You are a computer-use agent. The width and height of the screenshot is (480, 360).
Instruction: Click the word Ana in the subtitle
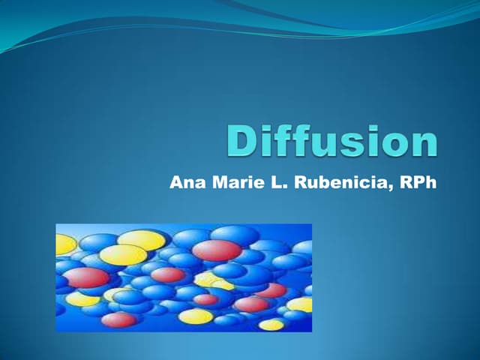(184, 181)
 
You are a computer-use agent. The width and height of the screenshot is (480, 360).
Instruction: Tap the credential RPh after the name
(417, 181)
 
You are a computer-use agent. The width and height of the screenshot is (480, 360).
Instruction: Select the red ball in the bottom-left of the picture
(118, 320)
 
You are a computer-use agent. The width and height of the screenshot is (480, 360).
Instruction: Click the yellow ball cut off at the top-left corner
(66, 244)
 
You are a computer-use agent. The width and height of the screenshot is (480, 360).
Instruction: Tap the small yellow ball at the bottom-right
(271, 324)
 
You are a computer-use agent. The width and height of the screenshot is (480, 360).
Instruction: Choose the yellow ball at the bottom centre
(196, 316)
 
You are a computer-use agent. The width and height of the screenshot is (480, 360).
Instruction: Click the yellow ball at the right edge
(301, 304)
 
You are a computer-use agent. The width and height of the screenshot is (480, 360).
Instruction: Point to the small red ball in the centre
(205, 299)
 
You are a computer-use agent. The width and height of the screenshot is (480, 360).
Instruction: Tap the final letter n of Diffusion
(421, 145)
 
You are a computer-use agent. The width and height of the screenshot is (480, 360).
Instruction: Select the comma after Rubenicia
(394, 187)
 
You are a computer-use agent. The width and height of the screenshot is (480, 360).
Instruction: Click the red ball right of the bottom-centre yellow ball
(251, 304)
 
